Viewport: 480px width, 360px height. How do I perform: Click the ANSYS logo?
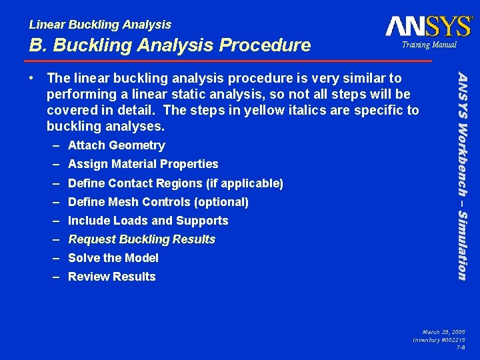pos(428,26)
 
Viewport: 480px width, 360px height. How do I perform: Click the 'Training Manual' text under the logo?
pos(429,45)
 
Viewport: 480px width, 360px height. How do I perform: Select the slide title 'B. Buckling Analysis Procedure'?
pos(170,45)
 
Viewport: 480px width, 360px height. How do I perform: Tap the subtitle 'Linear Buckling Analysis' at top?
pos(100,25)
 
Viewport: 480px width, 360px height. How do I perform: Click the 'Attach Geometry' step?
pos(116,145)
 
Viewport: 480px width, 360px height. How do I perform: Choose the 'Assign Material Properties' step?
pos(143,164)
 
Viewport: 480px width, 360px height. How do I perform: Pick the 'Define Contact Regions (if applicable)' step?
pos(175,183)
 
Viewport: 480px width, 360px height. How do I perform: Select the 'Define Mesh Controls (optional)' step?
pos(158,202)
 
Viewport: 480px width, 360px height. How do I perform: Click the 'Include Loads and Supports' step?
pos(148,221)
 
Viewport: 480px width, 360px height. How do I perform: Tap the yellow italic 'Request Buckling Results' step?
pos(141,239)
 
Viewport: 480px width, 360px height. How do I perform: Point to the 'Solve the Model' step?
pos(113,258)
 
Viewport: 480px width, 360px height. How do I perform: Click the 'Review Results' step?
pos(111,277)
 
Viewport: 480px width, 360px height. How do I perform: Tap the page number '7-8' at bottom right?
pos(461,347)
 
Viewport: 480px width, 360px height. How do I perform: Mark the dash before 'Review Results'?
pos(58,277)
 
